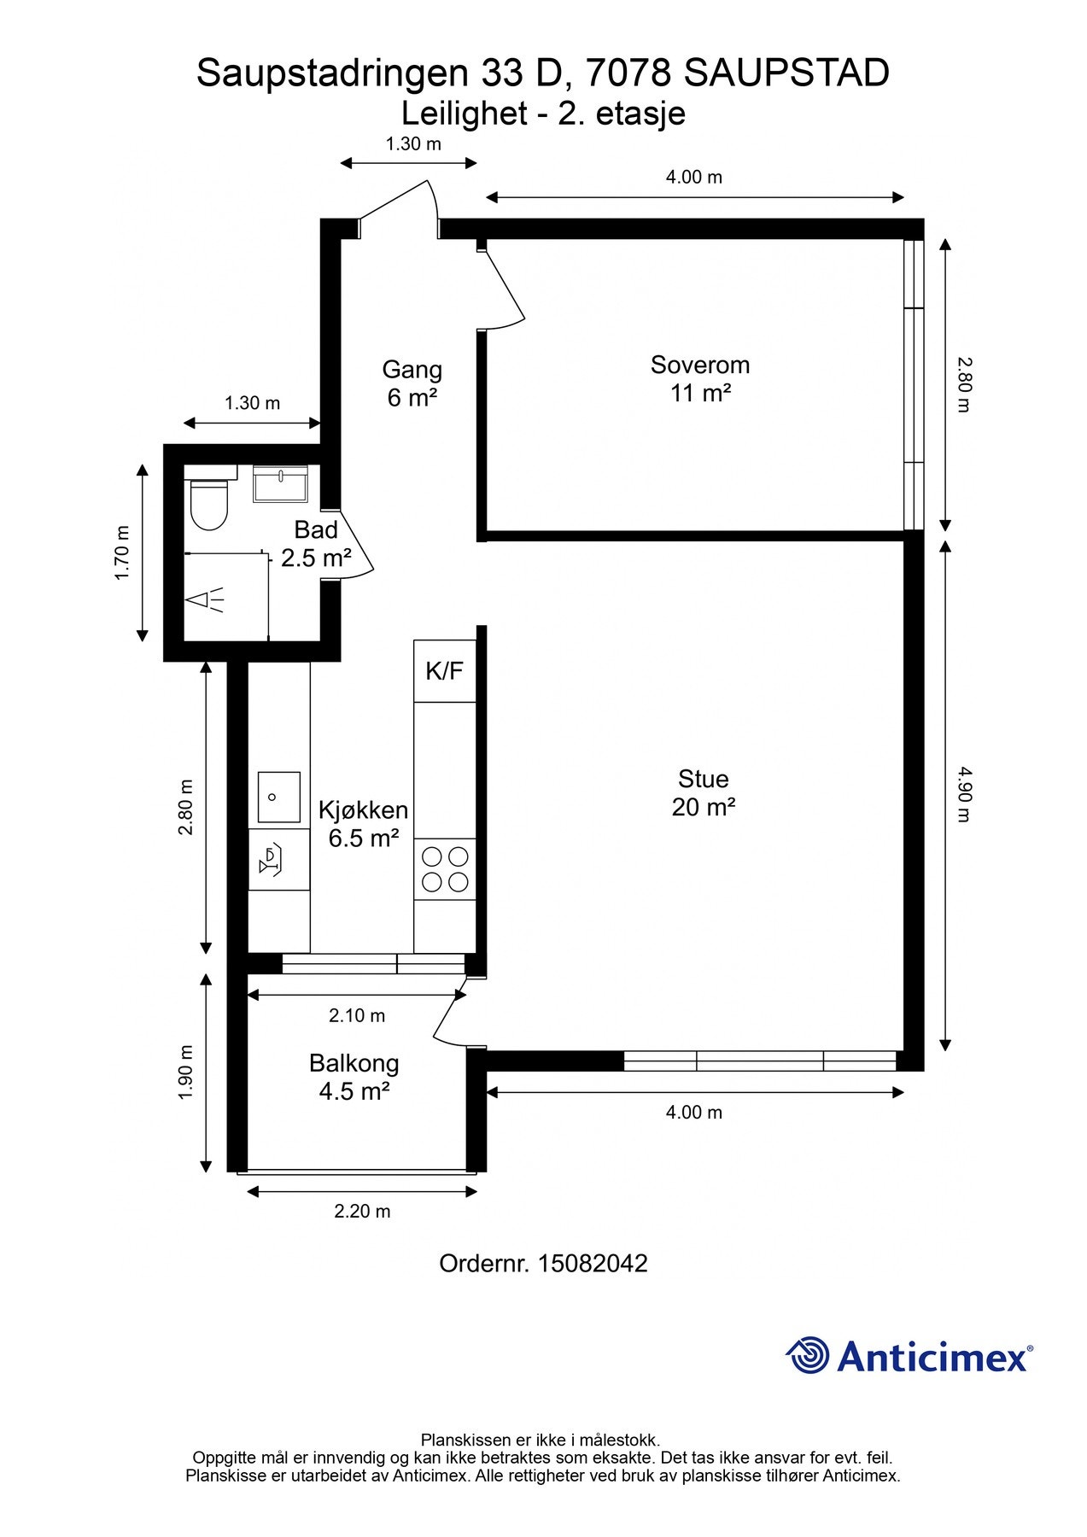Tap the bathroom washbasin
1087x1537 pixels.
tap(281, 483)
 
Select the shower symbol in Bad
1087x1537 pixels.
tap(206, 599)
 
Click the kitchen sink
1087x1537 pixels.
tap(279, 797)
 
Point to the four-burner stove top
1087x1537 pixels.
tap(445, 868)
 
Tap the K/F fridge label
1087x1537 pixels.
tap(444, 670)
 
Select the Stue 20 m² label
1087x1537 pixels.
tap(703, 792)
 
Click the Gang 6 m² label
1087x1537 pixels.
tap(412, 383)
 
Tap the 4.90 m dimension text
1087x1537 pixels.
tap(963, 794)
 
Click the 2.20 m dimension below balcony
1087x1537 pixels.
tap(362, 1211)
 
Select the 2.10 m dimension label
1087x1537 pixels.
tap(357, 1015)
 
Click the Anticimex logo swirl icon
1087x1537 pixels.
tap(807, 1355)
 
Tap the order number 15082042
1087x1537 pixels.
tap(593, 1264)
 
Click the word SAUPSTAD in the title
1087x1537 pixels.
tap(786, 73)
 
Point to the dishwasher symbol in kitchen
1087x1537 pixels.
tap(271, 862)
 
